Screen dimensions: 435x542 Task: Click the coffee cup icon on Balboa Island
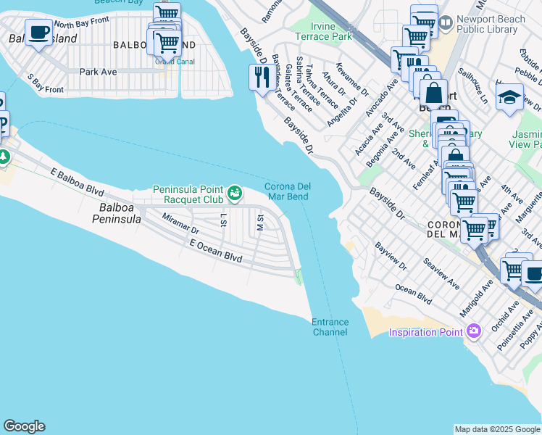tap(38, 33)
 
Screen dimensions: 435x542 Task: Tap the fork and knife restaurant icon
tap(260, 77)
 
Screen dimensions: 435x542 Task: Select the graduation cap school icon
tap(509, 98)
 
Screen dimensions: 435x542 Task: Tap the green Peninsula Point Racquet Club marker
tap(234, 192)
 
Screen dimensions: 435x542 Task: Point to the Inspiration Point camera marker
tap(474, 332)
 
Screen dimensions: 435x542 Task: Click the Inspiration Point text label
tap(425, 333)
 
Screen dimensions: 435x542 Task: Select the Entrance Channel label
tap(330, 327)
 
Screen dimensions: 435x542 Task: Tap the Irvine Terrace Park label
tap(322, 30)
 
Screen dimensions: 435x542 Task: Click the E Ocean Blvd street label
tap(214, 252)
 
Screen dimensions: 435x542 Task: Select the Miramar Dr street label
tap(180, 224)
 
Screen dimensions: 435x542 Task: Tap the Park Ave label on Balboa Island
tap(98, 72)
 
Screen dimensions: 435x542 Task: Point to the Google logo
tap(24, 426)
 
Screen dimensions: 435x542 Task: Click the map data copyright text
tap(496, 429)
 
